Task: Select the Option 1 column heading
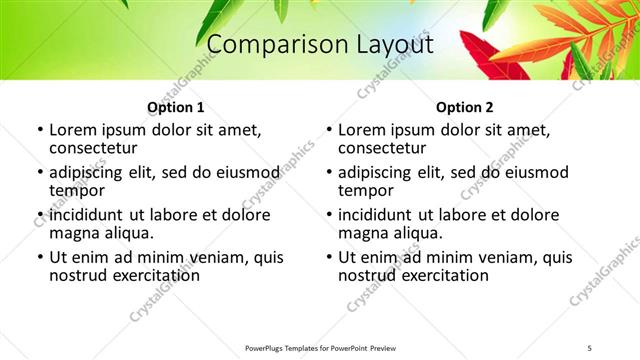pyautogui.click(x=176, y=107)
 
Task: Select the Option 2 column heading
pyautogui.click(x=465, y=107)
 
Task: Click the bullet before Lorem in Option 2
pyautogui.click(x=329, y=131)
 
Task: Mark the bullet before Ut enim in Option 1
pyautogui.click(x=40, y=258)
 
